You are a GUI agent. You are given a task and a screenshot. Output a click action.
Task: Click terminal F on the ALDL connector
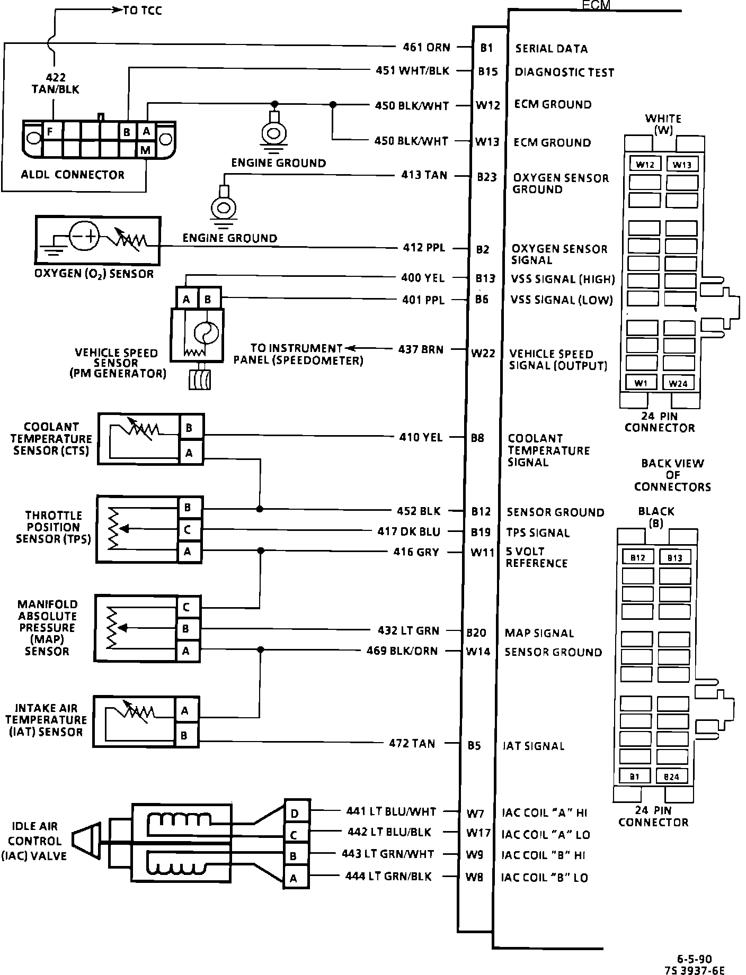coord(50,131)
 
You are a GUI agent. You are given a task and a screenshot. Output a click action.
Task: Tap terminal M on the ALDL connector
coord(146,150)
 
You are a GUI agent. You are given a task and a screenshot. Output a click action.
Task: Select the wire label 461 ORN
coord(426,48)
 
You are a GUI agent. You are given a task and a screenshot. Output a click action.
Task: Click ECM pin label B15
coord(487,71)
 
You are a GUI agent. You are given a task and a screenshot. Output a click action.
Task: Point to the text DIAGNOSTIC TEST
coord(564,72)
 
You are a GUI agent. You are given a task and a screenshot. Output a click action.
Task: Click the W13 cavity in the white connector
coord(682,165)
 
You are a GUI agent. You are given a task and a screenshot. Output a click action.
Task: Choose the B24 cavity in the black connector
coord(671,777)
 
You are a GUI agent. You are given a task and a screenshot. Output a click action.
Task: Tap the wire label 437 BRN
coord(421,349)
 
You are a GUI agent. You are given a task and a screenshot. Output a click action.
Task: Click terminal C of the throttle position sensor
coord(188,529)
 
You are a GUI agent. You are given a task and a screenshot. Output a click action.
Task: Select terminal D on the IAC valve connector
coord(295,813)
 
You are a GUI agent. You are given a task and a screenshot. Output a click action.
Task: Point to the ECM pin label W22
coord(483,354)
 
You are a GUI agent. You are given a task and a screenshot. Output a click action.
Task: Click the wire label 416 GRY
coord(416,552)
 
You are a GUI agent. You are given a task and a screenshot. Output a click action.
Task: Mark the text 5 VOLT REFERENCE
coord(536,557)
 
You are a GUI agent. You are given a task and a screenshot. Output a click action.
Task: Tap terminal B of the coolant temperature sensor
coord(189,428)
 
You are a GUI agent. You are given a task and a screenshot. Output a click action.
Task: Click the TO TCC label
coord(142,11)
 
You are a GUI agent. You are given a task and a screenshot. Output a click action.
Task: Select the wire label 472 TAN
coord(412,744)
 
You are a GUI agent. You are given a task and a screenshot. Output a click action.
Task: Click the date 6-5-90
coord(694,959)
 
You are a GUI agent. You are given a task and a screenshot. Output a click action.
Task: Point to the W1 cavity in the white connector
coord(641,383)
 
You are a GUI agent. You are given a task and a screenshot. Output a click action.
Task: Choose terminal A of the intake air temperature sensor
coord(185,710)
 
